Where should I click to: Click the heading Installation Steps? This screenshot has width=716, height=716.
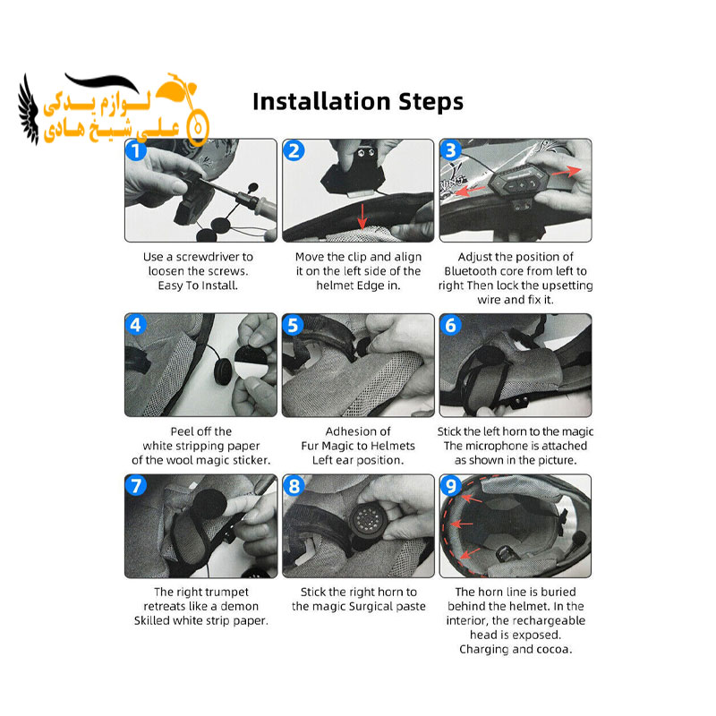(x=357, y=101)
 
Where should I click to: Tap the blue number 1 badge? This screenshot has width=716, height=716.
(x=136, y=150)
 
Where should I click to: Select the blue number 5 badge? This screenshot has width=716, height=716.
(x=294, y=325)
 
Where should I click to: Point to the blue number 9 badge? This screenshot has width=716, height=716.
(x=451, y=485)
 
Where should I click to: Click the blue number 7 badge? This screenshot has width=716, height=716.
(x=136, y=485)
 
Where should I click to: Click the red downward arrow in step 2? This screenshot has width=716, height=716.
(x=362, y=217)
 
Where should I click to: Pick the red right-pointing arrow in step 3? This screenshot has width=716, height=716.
(x=567, y=172)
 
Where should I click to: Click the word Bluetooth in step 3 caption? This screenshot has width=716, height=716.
(x=471, y=271)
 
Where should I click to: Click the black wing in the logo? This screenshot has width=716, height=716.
(x=29, y=110)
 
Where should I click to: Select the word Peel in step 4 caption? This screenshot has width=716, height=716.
(x=179, y=431)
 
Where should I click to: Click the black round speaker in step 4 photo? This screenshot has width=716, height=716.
(x=225, y=370)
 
